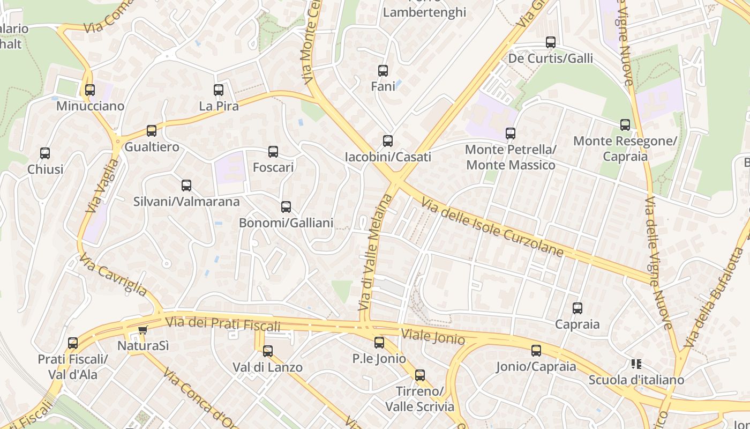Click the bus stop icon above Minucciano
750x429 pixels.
click(x=90, y=90)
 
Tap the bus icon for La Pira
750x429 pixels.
click(x=219, y=90)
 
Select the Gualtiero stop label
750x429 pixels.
click(x=152, y=147)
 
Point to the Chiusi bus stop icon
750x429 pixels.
click(x=45, y=153)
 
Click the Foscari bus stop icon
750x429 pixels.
click(x=273, y=152)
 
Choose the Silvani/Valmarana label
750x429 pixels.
click(x=186, y=202)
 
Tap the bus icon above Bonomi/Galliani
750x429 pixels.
click(x=286, y=207)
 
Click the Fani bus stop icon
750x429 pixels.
click(x=383, y=71)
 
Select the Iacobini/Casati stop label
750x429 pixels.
click(x=388, y=157)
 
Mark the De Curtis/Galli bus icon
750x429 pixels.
click(x=551, y=42)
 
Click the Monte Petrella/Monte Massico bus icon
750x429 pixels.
click(x=511, y=134)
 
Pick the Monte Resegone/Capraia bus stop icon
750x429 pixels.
click(x=625, y=125)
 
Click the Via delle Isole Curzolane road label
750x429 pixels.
click(x=492, y=227)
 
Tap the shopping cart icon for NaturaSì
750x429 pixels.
click(x=142, y=330)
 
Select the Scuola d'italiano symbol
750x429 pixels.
click(x=636, y=364)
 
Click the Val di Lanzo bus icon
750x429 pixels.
click(x=268, y=351)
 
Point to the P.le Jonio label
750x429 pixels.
click(x=379, y=358)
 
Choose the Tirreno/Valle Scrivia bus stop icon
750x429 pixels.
click(x=420, y=375)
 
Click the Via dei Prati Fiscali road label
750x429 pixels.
click(x=223, y=324)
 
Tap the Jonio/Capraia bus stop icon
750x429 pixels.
click(x=536, y=351)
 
